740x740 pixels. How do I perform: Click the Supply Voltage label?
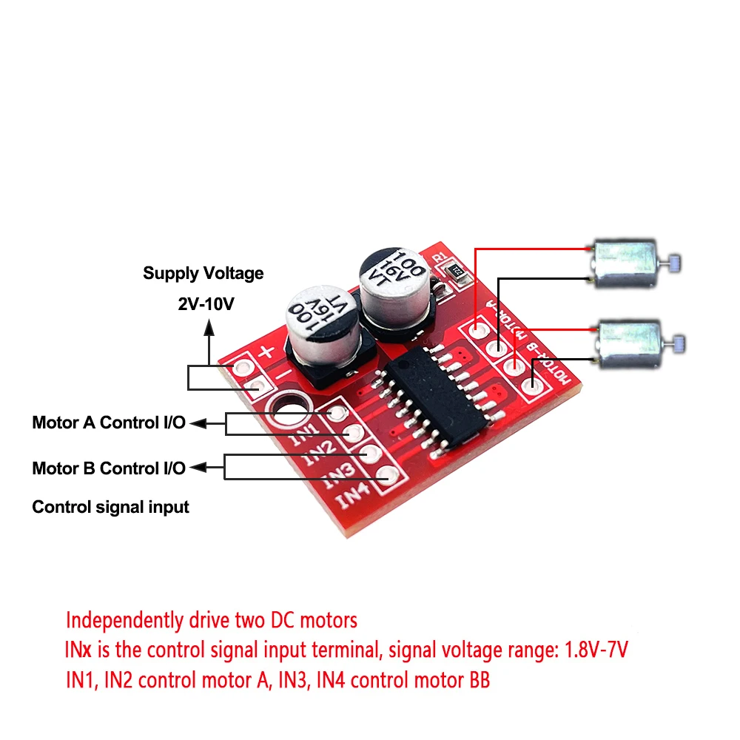coord(203,274)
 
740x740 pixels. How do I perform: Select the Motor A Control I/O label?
coord(109,423)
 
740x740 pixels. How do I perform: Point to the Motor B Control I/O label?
coord(109,468)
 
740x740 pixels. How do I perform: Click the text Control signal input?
coord(111,508)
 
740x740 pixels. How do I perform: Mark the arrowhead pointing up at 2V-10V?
coord(209,325)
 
